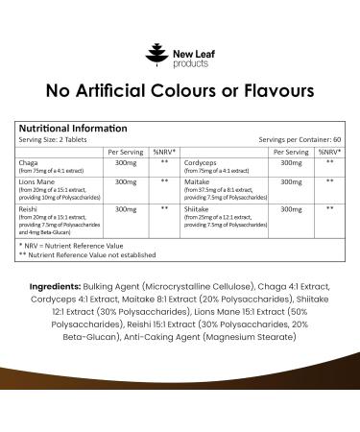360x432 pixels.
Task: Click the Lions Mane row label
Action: click(36, 181)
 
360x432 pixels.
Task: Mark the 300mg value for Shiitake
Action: click(289, 207)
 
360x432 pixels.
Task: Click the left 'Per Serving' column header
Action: click(126, 152)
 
